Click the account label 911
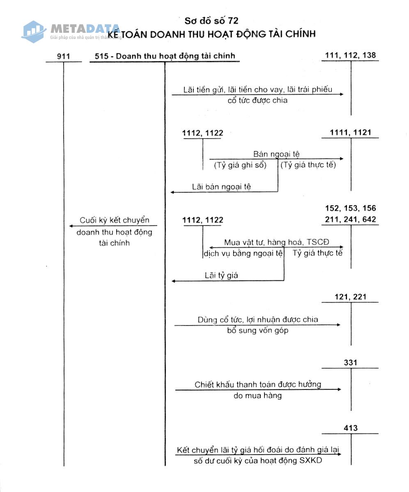(x=64, y=56)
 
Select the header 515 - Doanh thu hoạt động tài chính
(x=165, y=56)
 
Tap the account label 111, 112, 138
(x=350, y=55)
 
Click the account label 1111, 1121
(x=350, y=132)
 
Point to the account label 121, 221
(x=350, y=297)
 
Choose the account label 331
(x=350, y=362)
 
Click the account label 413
(x=350, y=428)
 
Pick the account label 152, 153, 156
(x=350, y=208)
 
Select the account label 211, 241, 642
(x=350, y=220)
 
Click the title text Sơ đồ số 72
(x=211, y=21)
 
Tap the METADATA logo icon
(x=34, y=32)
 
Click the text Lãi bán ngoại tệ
(x=221, y=187)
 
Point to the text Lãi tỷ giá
(x=221, y=276)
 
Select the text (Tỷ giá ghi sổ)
(x=240, y=165)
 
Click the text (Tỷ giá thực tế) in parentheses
(x=308, y=165)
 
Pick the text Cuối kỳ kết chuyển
(x=115, y=220)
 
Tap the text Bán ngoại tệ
(x=276, y=154)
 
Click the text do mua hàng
(x=257, y=396)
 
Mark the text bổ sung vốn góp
(x=257, y=330)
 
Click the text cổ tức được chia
(x=257, y=100)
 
